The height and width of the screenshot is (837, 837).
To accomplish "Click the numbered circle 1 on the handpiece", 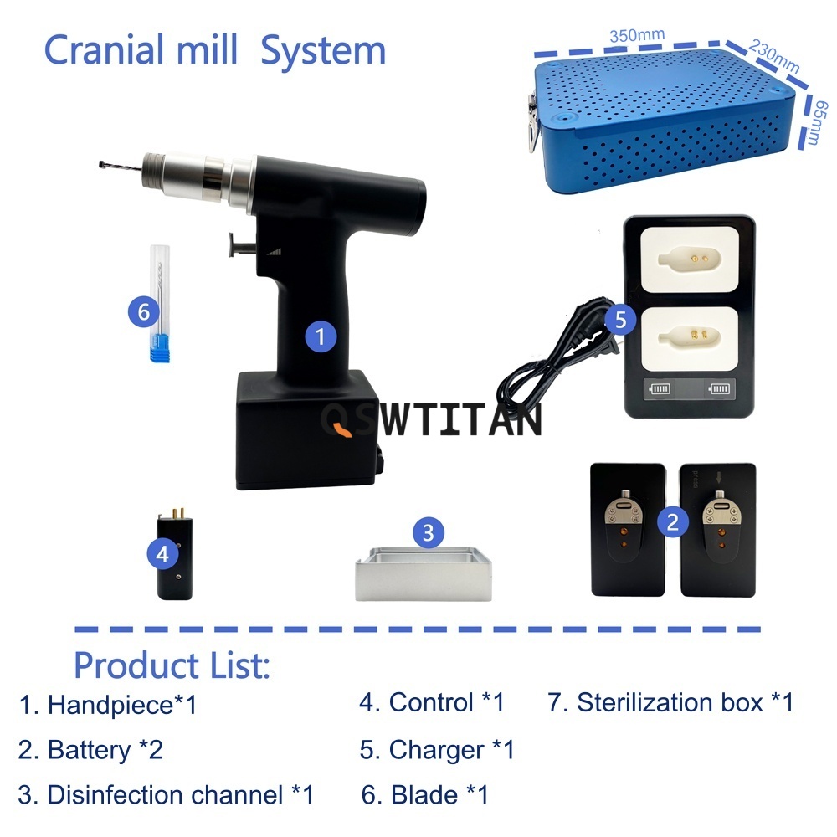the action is [321, 336].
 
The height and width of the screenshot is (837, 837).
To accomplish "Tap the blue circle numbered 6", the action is [144, 311].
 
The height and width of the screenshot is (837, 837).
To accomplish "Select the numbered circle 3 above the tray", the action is [428, 532].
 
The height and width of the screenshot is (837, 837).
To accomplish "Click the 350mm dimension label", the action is [637, 36].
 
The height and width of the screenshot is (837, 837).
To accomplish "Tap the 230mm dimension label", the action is [774, 56].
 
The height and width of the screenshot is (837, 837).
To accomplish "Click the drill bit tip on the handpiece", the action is [101, 164].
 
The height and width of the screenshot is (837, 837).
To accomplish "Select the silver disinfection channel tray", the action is [424, 574].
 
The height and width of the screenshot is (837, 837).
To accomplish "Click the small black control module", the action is [175, 555].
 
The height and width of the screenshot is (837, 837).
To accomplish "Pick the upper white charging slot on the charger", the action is [690, 259].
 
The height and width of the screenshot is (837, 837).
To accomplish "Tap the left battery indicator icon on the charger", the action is [660, 388].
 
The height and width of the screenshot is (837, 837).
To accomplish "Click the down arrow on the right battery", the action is [719, 477].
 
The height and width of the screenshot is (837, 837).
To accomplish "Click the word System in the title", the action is [323, 51].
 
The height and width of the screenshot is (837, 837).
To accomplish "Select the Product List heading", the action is [172, 665].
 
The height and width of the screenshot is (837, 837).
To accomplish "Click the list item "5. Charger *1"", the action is [437, 749].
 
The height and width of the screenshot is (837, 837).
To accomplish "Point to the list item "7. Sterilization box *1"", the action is [670, 702].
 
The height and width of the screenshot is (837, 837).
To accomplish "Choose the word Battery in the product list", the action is [90, 751].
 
